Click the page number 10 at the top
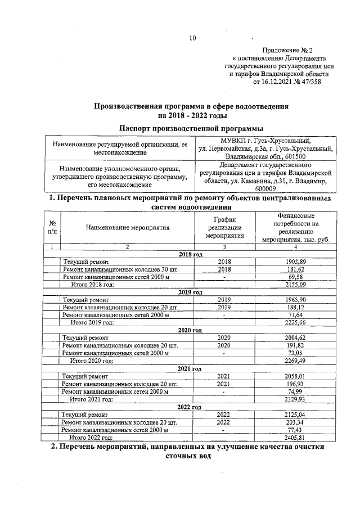pos(192,38)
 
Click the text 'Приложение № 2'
pos(287,50)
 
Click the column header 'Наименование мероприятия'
pos(128,228)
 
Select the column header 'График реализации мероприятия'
pos(224,228)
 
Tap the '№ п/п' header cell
pos(52,228)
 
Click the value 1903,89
pos(296,262)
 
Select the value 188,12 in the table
pos(296,307)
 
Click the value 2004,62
pos(296,337)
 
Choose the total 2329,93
pos(296,398)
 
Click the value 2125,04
pos(296,414)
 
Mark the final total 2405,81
pos(296,436)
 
